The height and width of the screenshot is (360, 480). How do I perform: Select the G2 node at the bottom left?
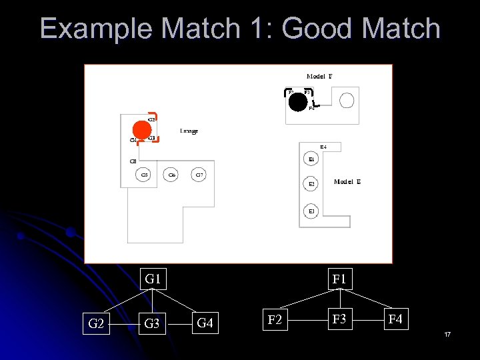tap(96, 324)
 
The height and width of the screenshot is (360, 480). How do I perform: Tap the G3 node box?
tap(152, 324)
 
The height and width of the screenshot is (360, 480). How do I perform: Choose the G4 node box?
tap(205, 324)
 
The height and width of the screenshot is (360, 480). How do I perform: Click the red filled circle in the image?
tap(141, 129)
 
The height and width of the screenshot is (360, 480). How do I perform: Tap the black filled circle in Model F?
tap(298, 101)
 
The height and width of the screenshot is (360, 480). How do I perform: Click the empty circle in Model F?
tap(347, 101)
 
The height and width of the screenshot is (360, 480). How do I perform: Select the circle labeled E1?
tap(311, 160)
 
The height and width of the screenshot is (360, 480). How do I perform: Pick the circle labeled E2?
tap(311, 184)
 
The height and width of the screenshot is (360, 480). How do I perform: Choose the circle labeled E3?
tap(311, 211)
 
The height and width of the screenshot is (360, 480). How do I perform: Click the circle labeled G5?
tap(144, 175)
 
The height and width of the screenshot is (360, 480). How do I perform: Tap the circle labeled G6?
tap(172, 175)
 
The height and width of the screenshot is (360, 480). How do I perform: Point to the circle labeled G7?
tap(199, 175)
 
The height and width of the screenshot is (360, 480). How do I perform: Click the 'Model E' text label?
tap(347, 181)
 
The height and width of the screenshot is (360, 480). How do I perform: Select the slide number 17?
tap(447, 333)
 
